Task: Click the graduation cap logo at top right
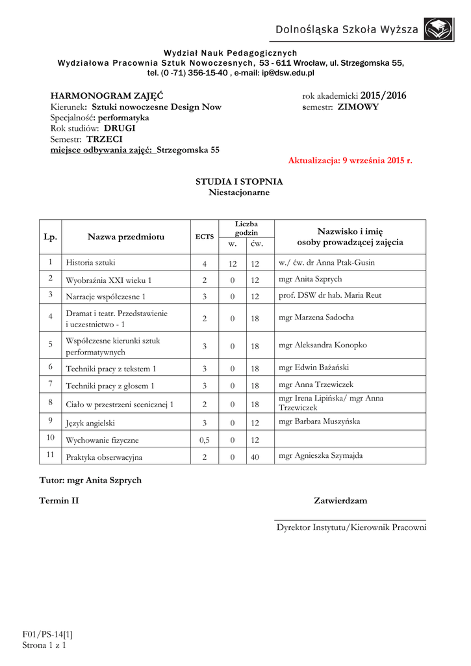point(439,29)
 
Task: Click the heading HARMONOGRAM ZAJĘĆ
point(107,96)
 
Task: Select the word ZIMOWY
point(358,107)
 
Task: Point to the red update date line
point(350,160)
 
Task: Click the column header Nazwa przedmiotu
point(126,237)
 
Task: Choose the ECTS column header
point(205,237)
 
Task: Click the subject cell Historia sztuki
point(91,263)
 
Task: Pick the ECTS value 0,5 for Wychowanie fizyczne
point(205,440)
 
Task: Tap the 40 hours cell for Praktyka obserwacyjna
point(255,457)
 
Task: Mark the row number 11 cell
point(50,455)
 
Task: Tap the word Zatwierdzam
point(340,501)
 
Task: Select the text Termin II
point(59,501)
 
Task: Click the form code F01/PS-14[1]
point(47,633)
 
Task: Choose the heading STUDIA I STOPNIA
point(239,181)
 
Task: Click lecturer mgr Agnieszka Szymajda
point(321,456)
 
